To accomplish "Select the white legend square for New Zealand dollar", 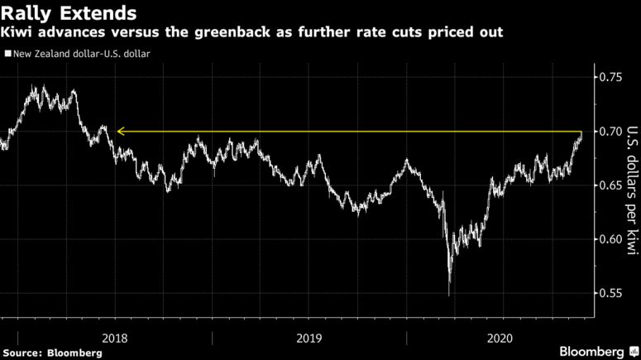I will (x=7, y=54).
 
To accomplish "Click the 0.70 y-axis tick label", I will (x=610, y=132).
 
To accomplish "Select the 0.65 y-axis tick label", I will (x=610, y=185).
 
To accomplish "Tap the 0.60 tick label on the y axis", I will (x=610, y=240).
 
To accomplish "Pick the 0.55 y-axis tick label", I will (x=610, y=294).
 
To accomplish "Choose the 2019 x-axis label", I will (x=309, y=338).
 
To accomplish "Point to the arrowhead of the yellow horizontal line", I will (x=119, y=131).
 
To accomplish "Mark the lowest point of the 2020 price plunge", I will (x=449, y=295).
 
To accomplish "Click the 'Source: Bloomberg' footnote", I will (x=53, y=353).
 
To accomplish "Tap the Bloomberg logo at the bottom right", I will (x=594, y=351).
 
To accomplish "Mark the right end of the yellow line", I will (x=582, y=131).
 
